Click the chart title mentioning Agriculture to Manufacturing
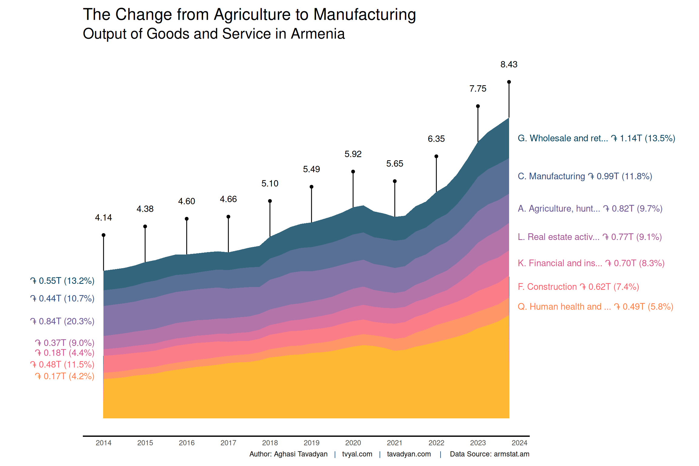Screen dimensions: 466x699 (x=249, y=15)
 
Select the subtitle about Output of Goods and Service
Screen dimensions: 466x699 (x=214, y=34)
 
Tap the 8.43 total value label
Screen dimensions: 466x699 (x=509, y=64)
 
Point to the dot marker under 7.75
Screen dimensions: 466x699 (x=478, y=106)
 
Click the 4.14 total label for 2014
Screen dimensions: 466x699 (x=103, y=218)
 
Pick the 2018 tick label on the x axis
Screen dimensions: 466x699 (x=270, y=443)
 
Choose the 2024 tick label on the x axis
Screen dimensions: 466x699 (x=519, y=443)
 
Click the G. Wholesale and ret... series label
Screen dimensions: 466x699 (x=596, y=138)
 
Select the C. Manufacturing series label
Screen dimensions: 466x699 (x=585, y=176)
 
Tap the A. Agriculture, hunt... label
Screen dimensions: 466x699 (x=590, y=209)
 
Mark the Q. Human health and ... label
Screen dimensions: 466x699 (x=595, y=307)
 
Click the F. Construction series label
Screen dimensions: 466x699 (x=578, y=287)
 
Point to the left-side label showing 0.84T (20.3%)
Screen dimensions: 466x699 (x=62, y=321)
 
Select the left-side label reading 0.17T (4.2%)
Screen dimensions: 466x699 (x=65, y=376)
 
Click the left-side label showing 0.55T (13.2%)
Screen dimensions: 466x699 (x=62, y=281)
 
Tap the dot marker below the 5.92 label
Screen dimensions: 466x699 (x=353, y=172)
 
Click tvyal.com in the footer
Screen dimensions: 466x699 (x=357, y=454)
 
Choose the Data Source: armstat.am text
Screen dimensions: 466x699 (x=489, y=454)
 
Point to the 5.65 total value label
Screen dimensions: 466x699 (x=395, y=164)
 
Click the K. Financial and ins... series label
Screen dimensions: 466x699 (x=591, y=263)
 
